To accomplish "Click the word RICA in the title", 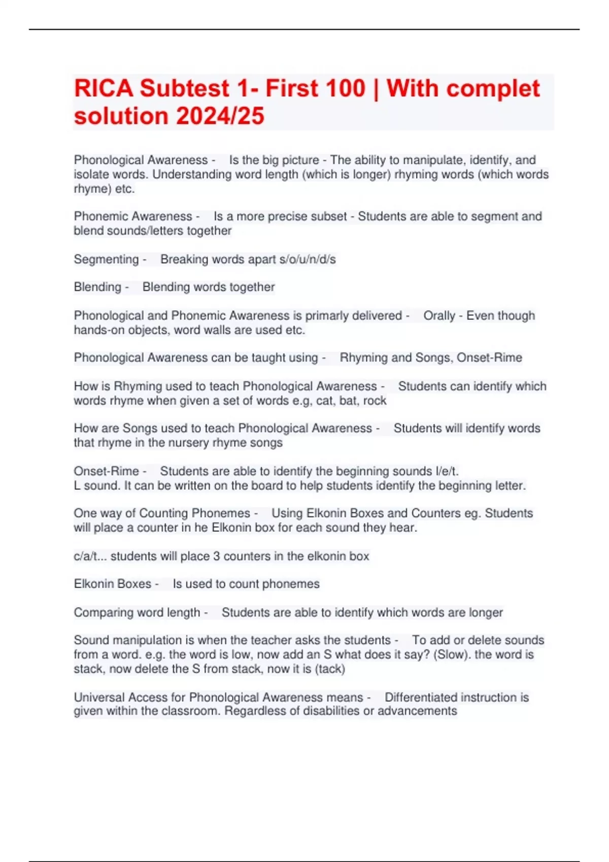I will (103, 88).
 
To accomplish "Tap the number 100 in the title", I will (345, 88).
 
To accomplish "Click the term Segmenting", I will (106, 259).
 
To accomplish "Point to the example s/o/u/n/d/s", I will (308, 259).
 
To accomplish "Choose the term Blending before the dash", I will (97, 287).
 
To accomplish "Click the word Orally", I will (439, 315).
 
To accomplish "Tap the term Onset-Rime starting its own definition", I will (106, 471).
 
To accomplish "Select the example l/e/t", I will (447, 471).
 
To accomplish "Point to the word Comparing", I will (98, 613).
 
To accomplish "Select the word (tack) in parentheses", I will (330, 669).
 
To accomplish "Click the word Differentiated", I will (425, 697).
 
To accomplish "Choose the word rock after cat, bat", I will (375, 401).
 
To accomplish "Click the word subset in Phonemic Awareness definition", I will (329, 217).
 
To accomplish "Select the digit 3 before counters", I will (216, 556).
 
